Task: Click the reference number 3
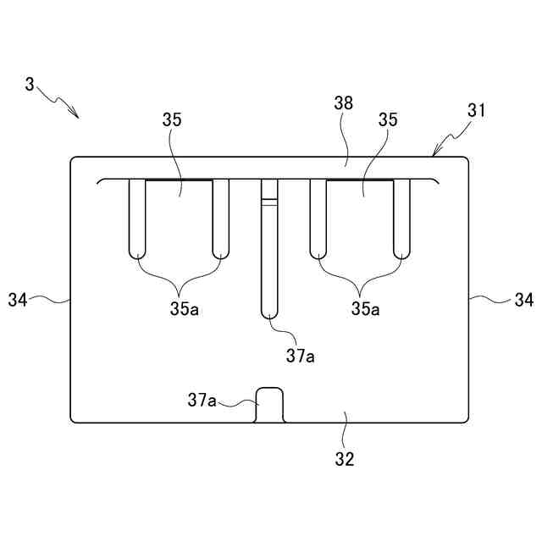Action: point(30,85)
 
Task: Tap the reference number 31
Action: point(478,110)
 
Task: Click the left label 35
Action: point(171,120)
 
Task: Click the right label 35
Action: point(388,120)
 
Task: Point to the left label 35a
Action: point(184,309)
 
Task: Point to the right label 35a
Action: point(366,309)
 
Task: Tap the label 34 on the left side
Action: point(19,299)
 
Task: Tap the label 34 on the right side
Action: point(524,299)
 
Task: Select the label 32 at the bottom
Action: point(344,459)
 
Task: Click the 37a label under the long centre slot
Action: point(300,357)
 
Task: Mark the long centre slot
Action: point(269,254)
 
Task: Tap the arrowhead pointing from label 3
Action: point(76,115)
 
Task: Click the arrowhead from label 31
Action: point(435,153)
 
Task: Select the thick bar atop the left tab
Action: point(179,180)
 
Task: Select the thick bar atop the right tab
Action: point(360,180)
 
